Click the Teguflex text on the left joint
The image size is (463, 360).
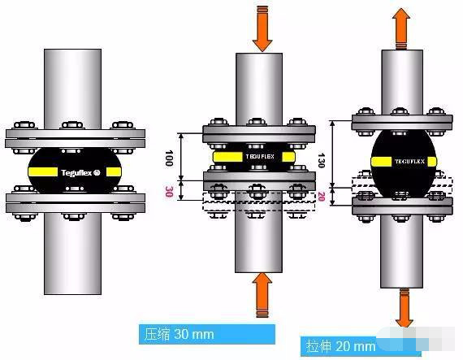tap(80, 172)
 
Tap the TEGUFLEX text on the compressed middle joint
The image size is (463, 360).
tap(260, 157)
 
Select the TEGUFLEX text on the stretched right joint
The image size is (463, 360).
tap(409, 162)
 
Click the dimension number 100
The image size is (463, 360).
tap(169, 158)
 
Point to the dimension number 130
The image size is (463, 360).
tap(322, 160)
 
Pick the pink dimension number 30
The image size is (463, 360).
tap(169, 191)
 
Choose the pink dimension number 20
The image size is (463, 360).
tap(322, 197)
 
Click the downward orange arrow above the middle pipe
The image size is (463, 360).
tap(262, 28)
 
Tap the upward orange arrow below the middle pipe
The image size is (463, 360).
tap(262, 295)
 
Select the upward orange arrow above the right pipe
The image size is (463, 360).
tap(401, 28)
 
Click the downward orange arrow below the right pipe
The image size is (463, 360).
tap(405, 308)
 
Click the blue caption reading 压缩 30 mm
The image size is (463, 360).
tap(207, 334)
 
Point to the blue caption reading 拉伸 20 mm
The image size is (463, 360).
tap(341, 346)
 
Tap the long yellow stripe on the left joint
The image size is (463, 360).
tap(43, 171)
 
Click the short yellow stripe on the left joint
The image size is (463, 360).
tap(114, 172)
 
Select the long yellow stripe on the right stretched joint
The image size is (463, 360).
tap(381, 162)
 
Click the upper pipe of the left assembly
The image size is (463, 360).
tap(72, 89)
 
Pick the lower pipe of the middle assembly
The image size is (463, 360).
tap(258, 232)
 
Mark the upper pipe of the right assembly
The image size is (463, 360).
tap(402, 82)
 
